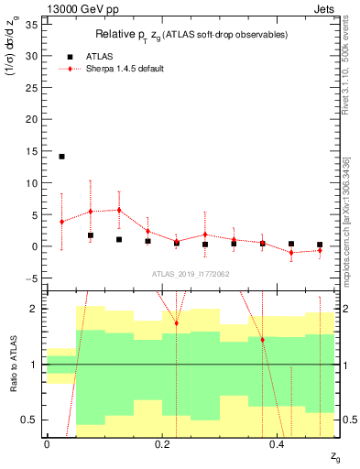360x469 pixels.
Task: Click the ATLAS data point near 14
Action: pyautogui.click(x=61, y=157)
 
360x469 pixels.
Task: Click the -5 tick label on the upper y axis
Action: pyautogui.click(x=32, y=278)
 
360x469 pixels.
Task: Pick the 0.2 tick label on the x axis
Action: pyautogui.click(x=162, y=444)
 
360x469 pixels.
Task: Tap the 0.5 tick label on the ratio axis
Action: pyautogui.click(x=29, y=420)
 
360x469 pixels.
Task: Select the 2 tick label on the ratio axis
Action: pyautogui.click(x=34, y=309)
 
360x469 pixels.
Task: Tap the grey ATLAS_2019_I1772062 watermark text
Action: pyautogui.click(x=191, y=273)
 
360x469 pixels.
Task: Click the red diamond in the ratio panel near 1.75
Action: pyautogui.click(x=177, y=323)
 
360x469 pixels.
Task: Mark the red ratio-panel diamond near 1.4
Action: pyautogui.click(x=262, y=340)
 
